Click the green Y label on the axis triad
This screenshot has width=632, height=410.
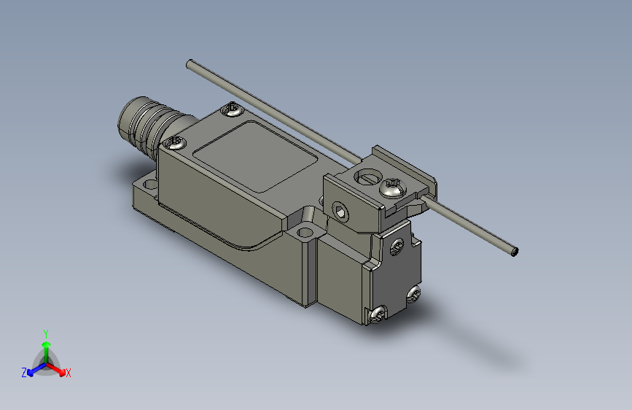tap(45, 333)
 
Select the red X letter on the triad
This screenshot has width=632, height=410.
tap(69, 373)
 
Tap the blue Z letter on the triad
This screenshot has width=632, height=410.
tap(24, 372)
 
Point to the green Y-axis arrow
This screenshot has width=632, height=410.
tap(46, 347)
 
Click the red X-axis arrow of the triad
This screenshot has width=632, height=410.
tap(58, 368)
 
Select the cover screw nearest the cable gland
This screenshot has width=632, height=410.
tap(174, 142)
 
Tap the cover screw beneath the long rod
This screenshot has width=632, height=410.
tap(233, 109)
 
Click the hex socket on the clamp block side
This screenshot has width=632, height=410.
tap(341, 211)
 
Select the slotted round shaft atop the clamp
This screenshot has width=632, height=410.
tap(366, 175)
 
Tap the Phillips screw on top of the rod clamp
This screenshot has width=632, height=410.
tap(392, 188)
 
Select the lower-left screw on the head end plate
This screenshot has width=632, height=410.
tap(378, 314)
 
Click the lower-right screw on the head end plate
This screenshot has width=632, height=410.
tap(413, 293)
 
